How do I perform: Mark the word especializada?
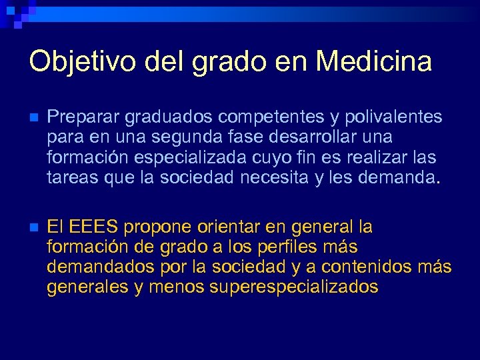click(x=190, y=158)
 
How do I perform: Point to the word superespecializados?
click(x=294, y=288)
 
